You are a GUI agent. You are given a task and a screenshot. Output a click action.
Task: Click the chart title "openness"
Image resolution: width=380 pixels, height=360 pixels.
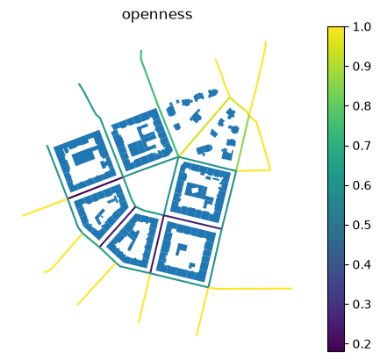(x=157, y=15)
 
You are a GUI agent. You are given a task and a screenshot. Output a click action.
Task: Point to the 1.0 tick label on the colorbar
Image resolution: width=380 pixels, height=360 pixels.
(x=362, y=27)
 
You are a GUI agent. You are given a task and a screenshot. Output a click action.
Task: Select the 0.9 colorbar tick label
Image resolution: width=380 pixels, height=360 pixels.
(x=362, y=67)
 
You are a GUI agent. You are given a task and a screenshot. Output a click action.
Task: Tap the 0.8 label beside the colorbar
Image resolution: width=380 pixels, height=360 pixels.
(x=362, y=106)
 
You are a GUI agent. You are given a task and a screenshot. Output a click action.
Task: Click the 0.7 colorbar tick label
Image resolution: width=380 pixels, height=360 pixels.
(x=362, y=146)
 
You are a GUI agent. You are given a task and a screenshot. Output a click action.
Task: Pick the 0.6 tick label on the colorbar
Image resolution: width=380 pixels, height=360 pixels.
(x=362, y=185)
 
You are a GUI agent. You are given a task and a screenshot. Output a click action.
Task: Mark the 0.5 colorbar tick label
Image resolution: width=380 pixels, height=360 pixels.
(x=362, y=225)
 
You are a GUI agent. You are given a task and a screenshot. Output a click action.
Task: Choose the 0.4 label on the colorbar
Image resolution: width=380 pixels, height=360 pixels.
(x=362, y=265)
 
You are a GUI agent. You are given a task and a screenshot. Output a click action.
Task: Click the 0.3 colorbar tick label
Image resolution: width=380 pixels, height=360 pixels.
(x=362, y=305)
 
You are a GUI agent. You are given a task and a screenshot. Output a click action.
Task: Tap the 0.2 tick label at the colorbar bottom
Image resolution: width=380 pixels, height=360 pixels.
(x=362, y=344)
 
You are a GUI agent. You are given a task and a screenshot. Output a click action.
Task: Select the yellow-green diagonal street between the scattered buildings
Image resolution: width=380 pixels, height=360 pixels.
(x=204, y=126)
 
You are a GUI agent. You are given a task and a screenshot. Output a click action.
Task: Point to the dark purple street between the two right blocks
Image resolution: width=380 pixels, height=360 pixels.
(x=192, y=222)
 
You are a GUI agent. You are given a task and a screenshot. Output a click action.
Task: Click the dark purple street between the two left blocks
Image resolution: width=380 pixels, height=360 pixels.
(x=95, y=188)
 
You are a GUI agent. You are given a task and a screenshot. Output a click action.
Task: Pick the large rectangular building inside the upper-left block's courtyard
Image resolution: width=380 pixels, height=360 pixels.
(x=83, y=155)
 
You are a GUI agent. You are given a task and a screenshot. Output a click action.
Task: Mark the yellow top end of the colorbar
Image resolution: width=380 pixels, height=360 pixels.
(x=336, y=29)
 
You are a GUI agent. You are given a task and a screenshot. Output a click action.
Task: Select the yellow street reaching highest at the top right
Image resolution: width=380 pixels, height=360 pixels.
(x=257, y=77)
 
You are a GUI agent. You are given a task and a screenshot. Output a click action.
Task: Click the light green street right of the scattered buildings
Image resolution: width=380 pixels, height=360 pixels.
(x=242, y=141)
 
